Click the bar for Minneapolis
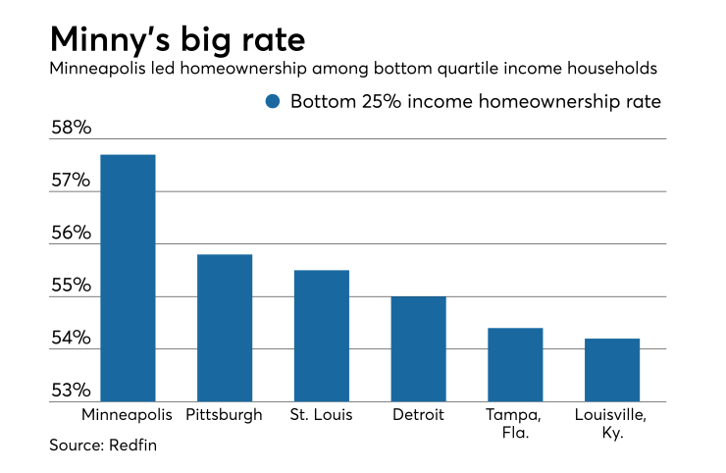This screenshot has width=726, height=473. [x=127, y=278]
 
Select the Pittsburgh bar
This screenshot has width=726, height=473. [x=224, y=328]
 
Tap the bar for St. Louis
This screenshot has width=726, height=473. [x=321, y=336]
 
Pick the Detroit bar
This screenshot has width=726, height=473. [x=417, y=348]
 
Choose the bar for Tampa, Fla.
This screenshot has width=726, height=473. [x=514, y=364]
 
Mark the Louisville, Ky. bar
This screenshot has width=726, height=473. [x=611, y=370]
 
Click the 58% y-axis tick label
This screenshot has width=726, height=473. [x=71, y=129]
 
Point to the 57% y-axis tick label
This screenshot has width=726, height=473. [x=71, y=182]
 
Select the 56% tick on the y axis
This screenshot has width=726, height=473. [x=71, y=235]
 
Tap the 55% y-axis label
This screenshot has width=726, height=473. [x=71, y=288]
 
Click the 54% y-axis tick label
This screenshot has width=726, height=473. [x=71, y=340]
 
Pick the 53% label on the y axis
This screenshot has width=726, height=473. [x=71, y=392]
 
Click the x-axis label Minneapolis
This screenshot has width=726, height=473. [x=127, y=414]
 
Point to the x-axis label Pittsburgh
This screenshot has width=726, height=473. [x=224, y=414]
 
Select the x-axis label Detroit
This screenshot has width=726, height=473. [x=417, y=414]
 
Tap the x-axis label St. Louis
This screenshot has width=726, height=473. [x=321, y=414]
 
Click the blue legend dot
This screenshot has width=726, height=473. [x=273, y=101]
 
